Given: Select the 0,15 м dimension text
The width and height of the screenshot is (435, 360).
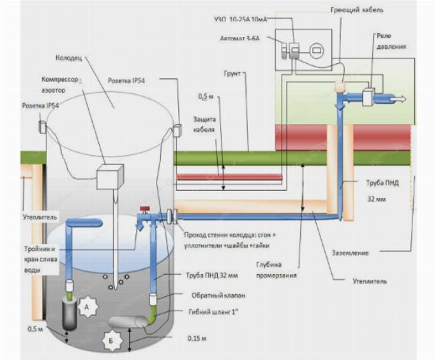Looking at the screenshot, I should pyautogui.click(x=197, y=339).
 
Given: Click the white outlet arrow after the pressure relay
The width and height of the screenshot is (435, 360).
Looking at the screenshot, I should pyautogui.click(x=398, y=99).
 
